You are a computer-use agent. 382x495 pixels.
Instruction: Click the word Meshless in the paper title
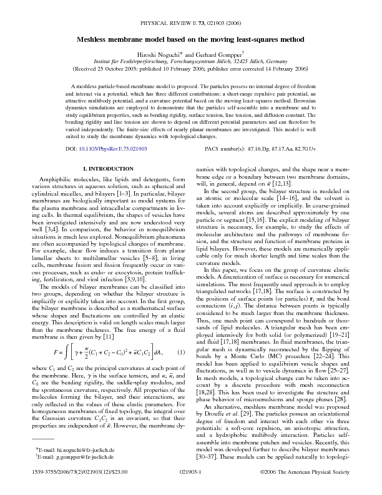(x=97, y=39)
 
